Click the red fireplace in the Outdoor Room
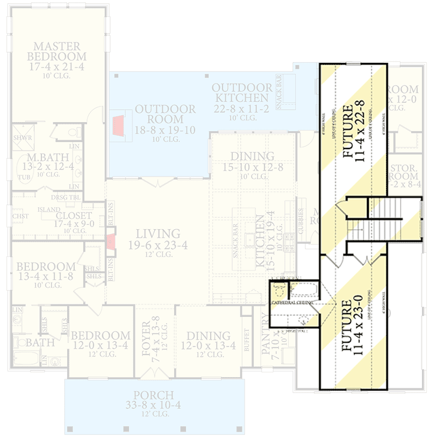118,126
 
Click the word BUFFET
247,340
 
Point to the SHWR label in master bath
23,138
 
